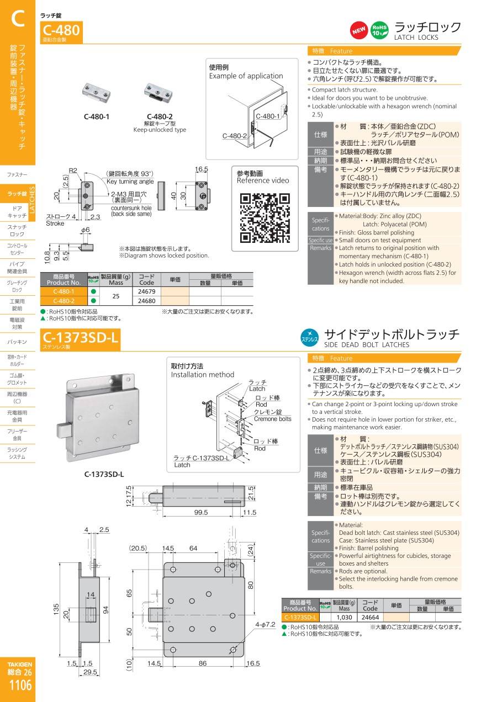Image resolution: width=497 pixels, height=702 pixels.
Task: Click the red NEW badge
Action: tap(359, 30)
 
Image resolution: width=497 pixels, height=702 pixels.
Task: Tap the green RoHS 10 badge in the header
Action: tap(379, 30)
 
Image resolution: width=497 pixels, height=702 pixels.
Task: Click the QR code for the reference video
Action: tap(265, 218)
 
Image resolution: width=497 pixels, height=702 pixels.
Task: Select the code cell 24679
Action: tap(147, 291)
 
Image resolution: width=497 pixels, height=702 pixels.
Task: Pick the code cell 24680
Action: tap(147, 301)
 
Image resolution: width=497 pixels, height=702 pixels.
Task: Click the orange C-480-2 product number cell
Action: tap(64, 301)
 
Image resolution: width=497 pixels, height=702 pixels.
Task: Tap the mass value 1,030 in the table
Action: tap(344, 617)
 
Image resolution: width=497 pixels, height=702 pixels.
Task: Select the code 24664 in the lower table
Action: tap(371, 617)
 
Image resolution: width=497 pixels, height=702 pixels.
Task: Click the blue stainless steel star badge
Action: tap(309, 338)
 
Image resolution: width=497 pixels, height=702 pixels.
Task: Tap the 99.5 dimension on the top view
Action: tap(201, 512)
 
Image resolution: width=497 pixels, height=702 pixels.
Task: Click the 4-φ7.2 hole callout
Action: tap(265, 625)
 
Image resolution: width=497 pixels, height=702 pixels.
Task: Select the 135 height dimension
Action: tap(56, 609)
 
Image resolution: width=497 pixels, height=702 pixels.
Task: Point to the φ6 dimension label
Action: tap(86, 230)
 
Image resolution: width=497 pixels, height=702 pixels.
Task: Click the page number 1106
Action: tap(20, 685)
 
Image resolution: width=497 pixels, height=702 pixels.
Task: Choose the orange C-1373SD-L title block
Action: tap(80, 340)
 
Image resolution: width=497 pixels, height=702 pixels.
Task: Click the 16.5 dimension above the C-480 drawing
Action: tap(202, 169)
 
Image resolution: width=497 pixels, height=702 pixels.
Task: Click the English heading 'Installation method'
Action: tap(203, 375)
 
